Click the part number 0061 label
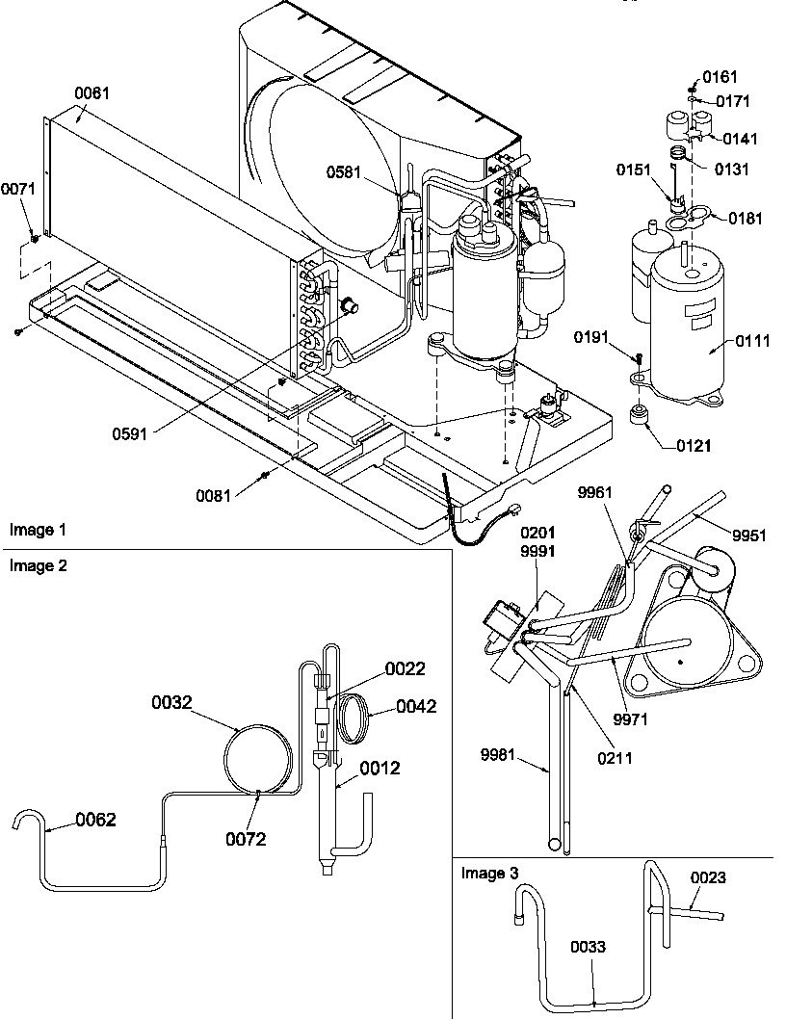pyautogui.click(x=92, y=93)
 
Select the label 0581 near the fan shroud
pyautogui.click(x=343, y=172)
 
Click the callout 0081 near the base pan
pyautogui.click(x=213, y=495)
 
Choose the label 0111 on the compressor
pyautogui.click(x=754, y=341)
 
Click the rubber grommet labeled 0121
pyautogui.click(x=638, y=417)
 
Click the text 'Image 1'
pyautogui.click(x=39, y=530)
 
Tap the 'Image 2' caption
pyautogui.click(x=39, y=565)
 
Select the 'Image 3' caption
pyautogui.click(x=489, y=874)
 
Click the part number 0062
pyautogui.click(x=96, y=821)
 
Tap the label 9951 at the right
pyautogui.click(x=748, y=536)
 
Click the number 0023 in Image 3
pyautogui.click(x=708, y=877)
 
